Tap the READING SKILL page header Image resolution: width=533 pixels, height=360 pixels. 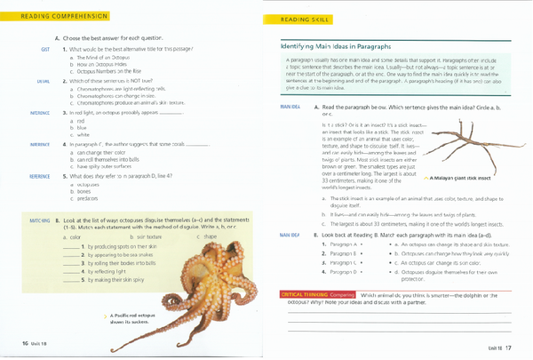pyautogui.click(x=306, y=20)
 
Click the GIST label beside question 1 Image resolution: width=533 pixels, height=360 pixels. pyautogui.click(x=44, y=50)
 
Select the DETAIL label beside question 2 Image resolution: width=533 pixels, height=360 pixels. pyautogui.click(x=44, y=81)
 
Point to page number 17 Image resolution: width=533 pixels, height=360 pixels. pyautogui.click(x=508, y=346)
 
